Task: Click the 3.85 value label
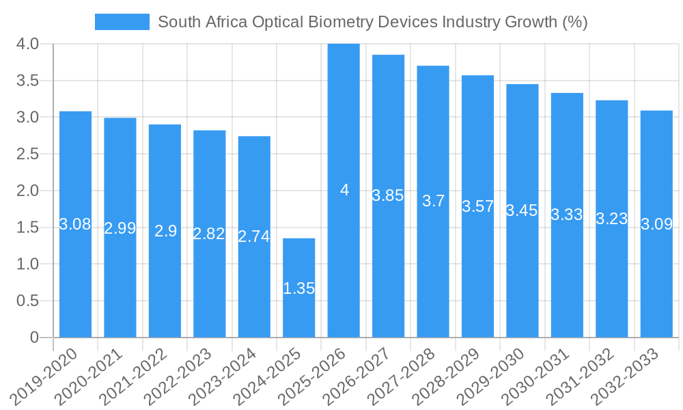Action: click(388, 195)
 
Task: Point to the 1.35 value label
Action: click(299, 288)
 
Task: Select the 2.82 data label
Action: click(209, 234)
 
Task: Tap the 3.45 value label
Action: click(522, 210)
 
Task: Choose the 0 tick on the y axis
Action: click(35, 338)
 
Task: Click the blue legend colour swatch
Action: click(122, 22)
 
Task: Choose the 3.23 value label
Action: click(611, 219)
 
